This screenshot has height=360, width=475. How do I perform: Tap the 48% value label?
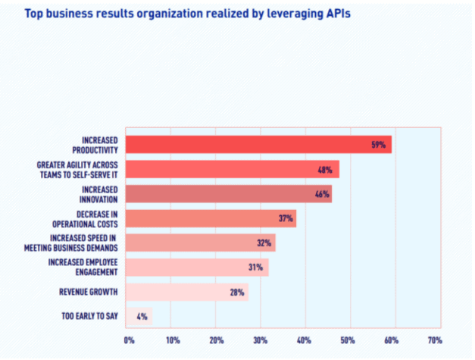coord(327,169)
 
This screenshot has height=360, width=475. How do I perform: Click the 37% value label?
coord(286,218)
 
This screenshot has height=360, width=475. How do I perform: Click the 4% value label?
coord(142,316)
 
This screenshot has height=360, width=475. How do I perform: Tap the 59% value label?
coord(379,144)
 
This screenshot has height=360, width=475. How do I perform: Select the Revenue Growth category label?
coord(88,292)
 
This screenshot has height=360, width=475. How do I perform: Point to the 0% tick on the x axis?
coord(130,340)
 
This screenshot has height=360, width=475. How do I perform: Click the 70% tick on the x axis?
coord(435,340)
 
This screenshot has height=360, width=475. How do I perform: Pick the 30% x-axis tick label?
coord(260,340)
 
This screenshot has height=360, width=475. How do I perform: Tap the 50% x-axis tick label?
coord(348,340)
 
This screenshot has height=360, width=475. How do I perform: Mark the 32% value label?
coord(264,243)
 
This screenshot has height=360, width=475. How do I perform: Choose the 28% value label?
coord(236,292)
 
